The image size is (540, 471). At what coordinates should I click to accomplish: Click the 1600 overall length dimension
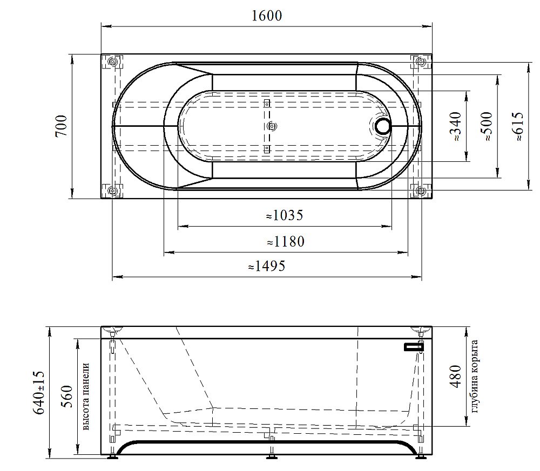point(267,16)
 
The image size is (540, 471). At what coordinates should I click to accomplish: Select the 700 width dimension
point(62,126)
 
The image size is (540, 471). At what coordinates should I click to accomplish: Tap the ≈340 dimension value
point(455,126)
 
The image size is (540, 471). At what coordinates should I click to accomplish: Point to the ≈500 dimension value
point(487,126)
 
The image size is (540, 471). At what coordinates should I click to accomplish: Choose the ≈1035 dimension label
point(285,215)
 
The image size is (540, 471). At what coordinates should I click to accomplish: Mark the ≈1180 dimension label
point(286,242)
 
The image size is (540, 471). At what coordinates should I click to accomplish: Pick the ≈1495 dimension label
point(267,266)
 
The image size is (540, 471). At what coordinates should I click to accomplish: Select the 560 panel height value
point(67,397)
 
